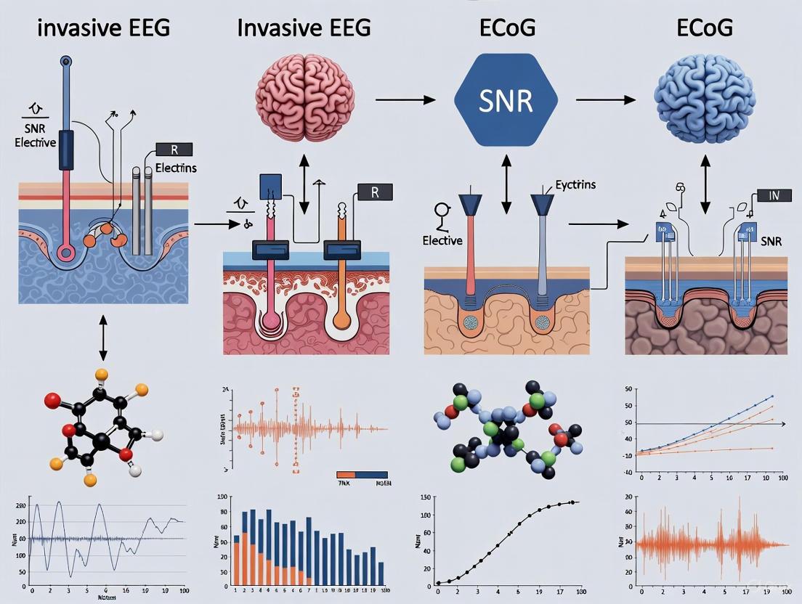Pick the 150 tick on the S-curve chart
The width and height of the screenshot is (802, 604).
[427, 497]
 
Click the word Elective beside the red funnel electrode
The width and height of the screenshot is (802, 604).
[442, 240]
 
